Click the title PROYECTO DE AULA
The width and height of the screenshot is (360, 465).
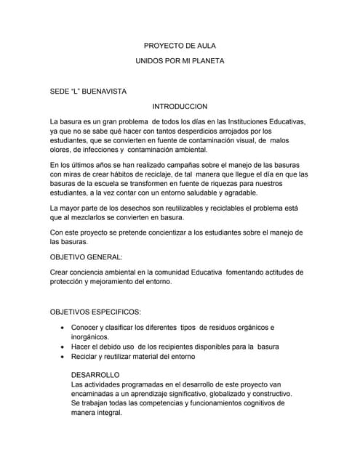pos(180,46)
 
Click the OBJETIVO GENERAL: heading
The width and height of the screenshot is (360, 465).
pos(86,257)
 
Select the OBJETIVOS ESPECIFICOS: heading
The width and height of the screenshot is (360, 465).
pos(95,312)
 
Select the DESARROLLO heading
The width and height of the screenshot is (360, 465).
pos(95,373)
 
